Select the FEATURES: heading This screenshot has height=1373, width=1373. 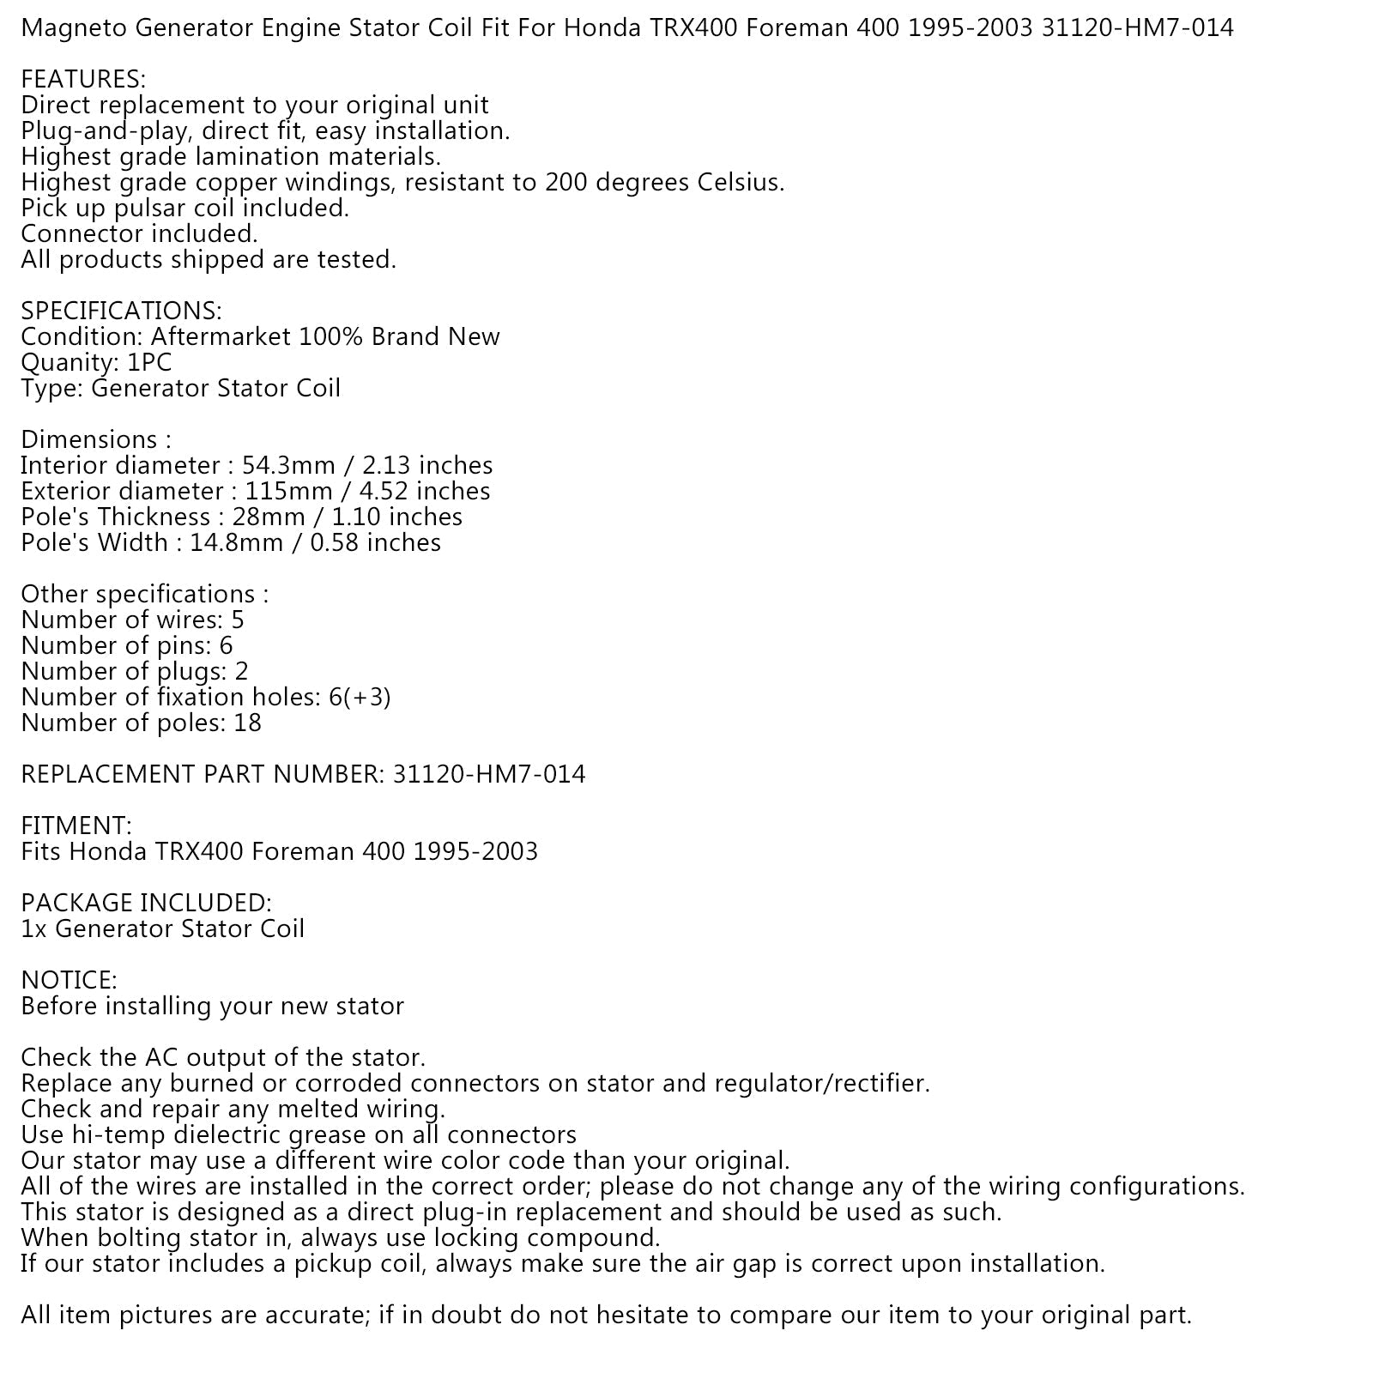(83, 80)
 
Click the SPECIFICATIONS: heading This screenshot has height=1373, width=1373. (121, 311)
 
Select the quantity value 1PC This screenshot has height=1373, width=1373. (149, 363)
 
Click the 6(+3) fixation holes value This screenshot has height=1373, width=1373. (360, 698)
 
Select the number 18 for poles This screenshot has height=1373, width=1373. (247, 723)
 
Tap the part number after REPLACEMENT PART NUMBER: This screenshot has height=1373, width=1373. (489, 775)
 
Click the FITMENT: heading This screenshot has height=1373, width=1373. (76, 826)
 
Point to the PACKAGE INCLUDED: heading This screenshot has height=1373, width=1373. (146, 904)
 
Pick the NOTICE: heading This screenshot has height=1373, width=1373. (69, 981)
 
